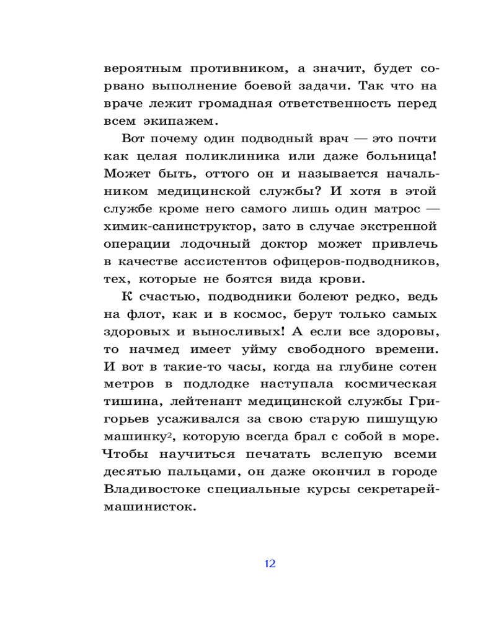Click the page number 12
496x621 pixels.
(270, 564)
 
